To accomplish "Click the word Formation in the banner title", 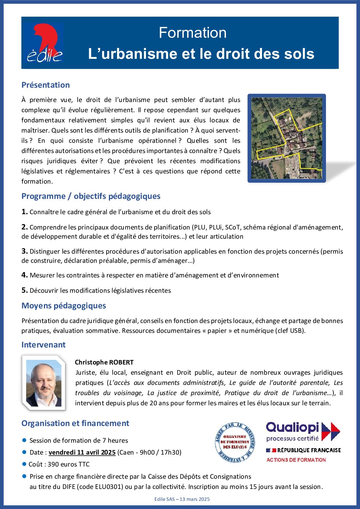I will pyautogui.click(x=193, y=33).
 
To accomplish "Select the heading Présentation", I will pyautogui.click(x=46, y=85).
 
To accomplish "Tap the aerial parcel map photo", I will pyautogui.click(x=287, y=138).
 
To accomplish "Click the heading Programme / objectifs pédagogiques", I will pyautogui.click(x=91, y=196).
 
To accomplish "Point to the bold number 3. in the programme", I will pyautogui.click(x=24, y=251).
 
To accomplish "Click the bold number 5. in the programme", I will pyautogui.click(x=24, y=290).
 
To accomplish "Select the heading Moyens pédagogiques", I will pyautogui.click(x=64, y=306).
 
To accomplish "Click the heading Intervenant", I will pyautogui.click(x=43, y=345).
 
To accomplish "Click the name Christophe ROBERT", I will pyautogui.click(x=104, y=362).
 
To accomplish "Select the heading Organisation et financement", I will pyautogui.click(x=75, y=423).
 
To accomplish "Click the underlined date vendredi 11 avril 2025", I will pyautogui.click(x=82, y=453).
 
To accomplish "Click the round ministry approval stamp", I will pyautogui.click(x=235, y=442).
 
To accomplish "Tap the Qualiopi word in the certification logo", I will pyautogui.click(x=292, y=428).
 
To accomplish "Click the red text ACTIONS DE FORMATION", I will pyautogui.click(x=296, y=460).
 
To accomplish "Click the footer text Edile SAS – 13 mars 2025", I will pyautogui.click(x=182, y=499).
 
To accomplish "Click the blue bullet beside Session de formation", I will pyautogui.click(x=24, y=440).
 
